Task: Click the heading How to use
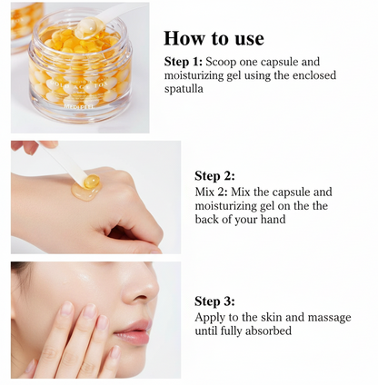coord(214,38)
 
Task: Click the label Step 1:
coord(186,62)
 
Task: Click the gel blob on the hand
coord(89,186)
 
